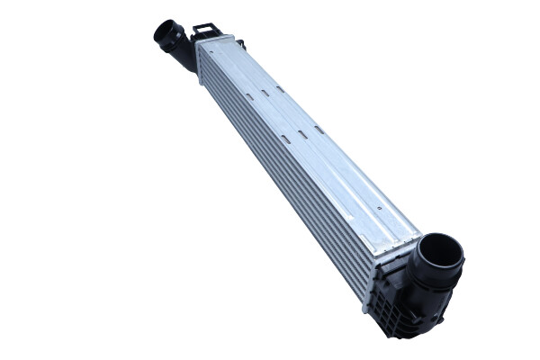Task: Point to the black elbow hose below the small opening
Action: pos(183,56)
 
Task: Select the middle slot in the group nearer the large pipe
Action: pos(303,133)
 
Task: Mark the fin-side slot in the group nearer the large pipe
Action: pos(285,139)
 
